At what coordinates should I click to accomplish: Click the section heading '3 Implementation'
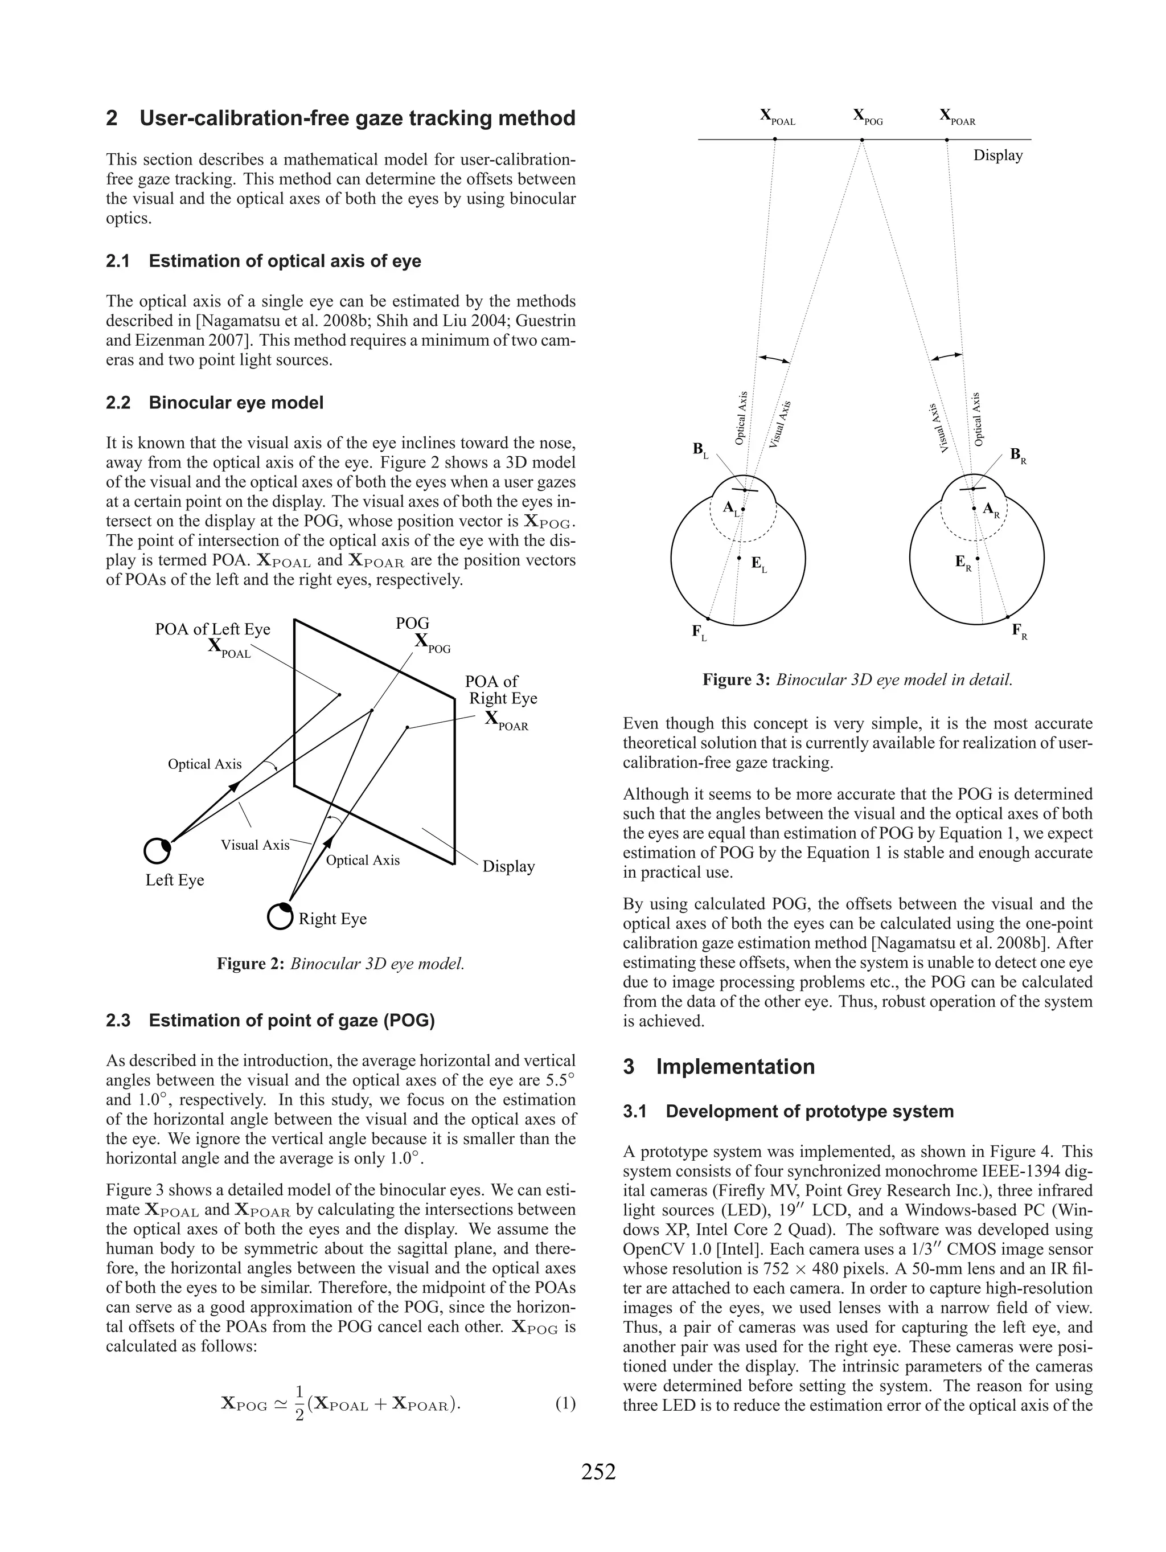tap(719, 1067)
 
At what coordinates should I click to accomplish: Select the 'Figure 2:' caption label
tap(251, 963)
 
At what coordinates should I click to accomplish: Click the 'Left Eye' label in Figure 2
tap(175, 880)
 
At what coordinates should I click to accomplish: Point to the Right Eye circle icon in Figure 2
tap(279, 916)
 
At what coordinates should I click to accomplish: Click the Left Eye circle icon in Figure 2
tap(157, 850)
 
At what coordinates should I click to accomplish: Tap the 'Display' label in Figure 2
tap(508, 866)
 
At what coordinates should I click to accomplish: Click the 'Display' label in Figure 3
tap(997, 155)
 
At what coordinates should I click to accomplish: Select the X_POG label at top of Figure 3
tap(867, 116)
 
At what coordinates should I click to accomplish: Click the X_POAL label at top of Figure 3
tap(777, 116)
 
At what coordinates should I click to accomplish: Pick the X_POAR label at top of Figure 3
tap(957, 116)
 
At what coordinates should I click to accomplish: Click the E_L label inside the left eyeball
tap(758, 564)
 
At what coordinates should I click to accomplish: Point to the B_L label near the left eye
tap(700, 450)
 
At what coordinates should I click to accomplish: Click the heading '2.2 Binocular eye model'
tap(215, 403)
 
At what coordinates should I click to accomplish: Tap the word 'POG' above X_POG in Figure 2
tap(413, 623)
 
